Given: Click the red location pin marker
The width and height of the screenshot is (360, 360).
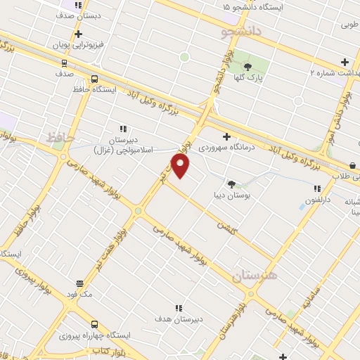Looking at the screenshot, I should click(181, 166).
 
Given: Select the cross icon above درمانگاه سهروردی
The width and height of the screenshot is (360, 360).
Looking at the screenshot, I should click(226, 136).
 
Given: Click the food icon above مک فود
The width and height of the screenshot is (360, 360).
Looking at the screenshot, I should click(79, 284).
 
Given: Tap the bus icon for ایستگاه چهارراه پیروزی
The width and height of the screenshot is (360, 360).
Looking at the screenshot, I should click(94, 324).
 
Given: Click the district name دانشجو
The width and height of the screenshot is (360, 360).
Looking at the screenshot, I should click(241, 32).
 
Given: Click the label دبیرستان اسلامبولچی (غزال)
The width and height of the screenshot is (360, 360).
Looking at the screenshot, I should click(124, 144).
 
